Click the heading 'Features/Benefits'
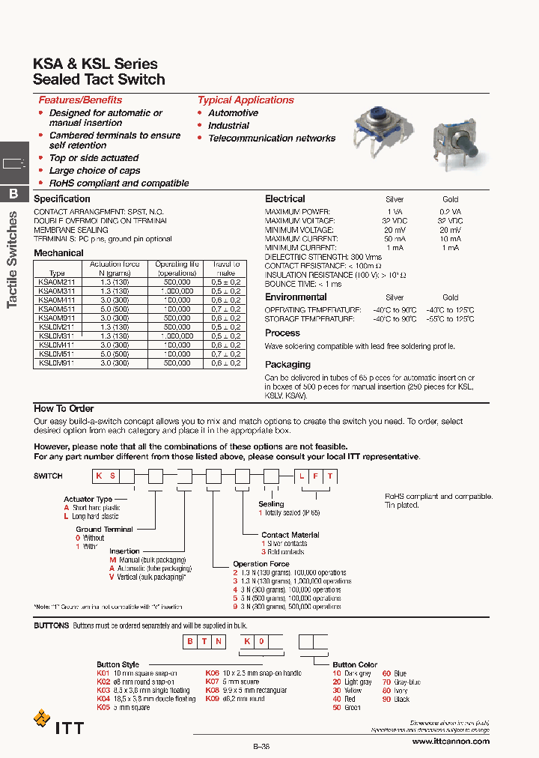tap(80, 100)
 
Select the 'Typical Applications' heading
tap(246, 100)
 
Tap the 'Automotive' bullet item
tap(233, 113)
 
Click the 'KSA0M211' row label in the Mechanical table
tap(56, 282)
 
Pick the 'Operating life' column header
tap(177, 268)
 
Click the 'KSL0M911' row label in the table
tap(56, 363)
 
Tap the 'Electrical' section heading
tap(284, 198)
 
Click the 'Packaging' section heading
tap(287, 365)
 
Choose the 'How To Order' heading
tap(64, 408)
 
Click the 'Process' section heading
tap(282, 333)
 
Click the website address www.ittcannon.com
tap(451, 741)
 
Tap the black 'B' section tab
tap(13, 194)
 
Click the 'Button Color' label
tap(355, 664)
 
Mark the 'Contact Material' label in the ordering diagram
tap(290, 535)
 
